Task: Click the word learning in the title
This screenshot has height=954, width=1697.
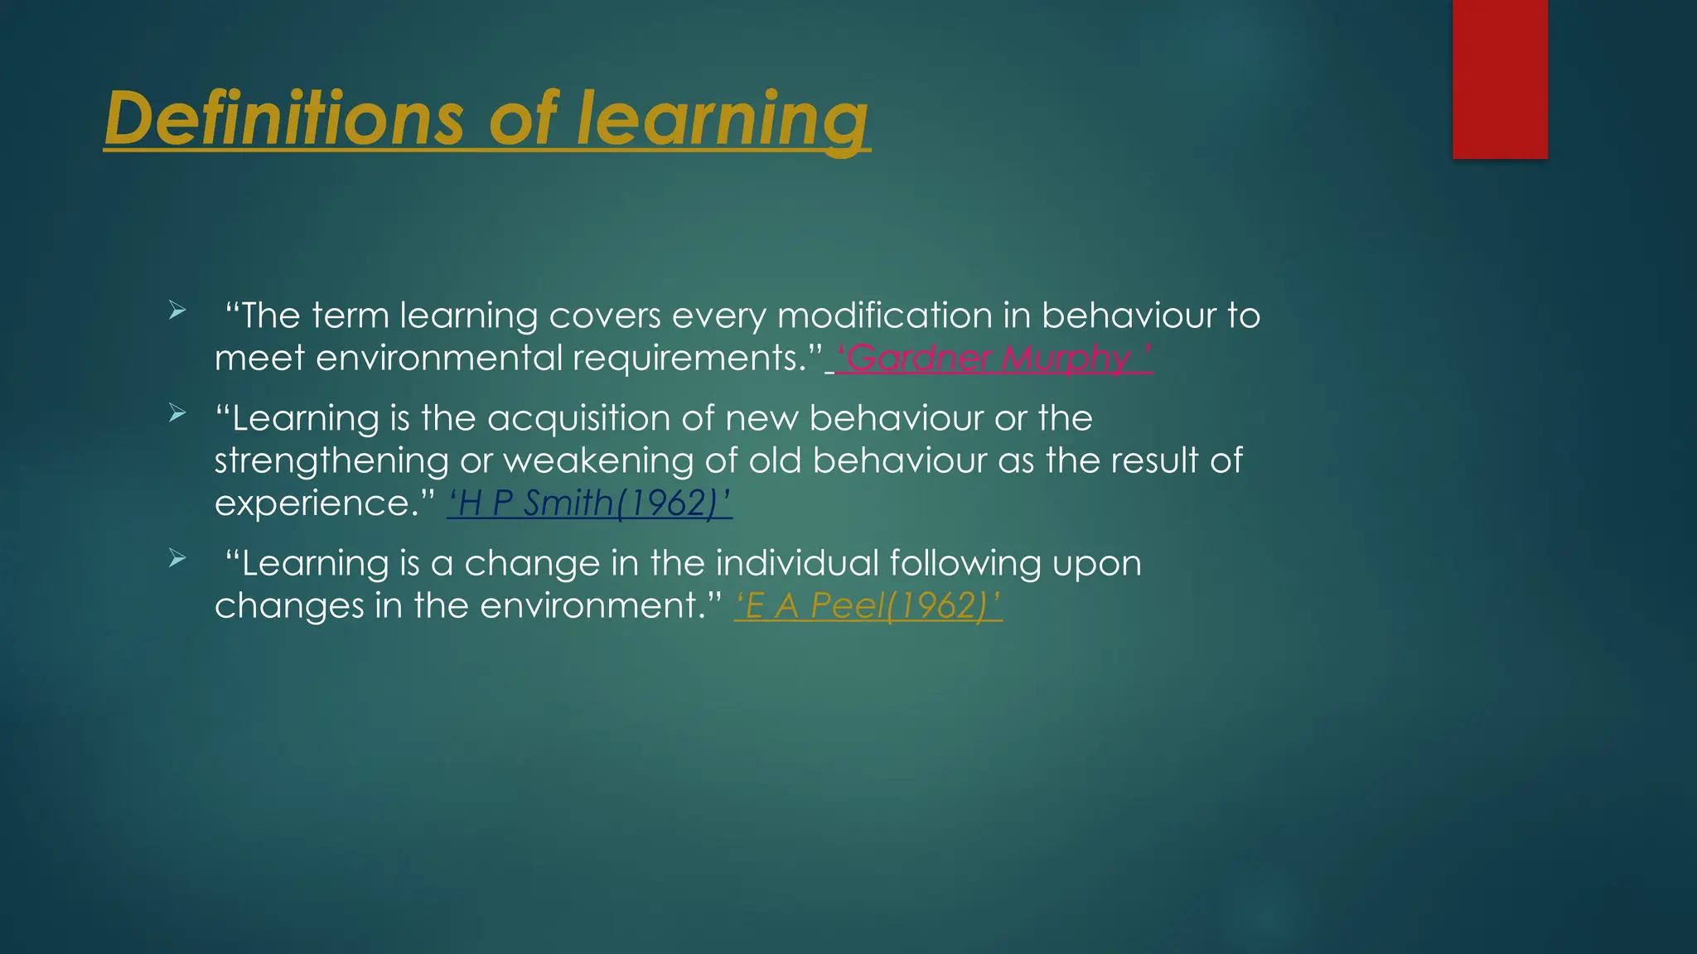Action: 721,118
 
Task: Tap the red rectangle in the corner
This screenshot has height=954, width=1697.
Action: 1500,79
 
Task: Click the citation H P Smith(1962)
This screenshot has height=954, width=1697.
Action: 589,503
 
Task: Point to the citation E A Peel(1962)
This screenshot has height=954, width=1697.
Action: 868,605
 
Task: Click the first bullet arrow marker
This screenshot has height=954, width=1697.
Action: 176,311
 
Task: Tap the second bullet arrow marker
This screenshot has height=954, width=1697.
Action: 176,413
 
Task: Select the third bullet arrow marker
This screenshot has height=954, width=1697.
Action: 176,559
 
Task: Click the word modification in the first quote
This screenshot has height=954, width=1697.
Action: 884,316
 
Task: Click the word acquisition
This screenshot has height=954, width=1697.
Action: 578,418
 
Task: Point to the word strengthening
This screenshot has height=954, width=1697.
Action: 331,461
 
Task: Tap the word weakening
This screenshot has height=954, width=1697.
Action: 597,461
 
